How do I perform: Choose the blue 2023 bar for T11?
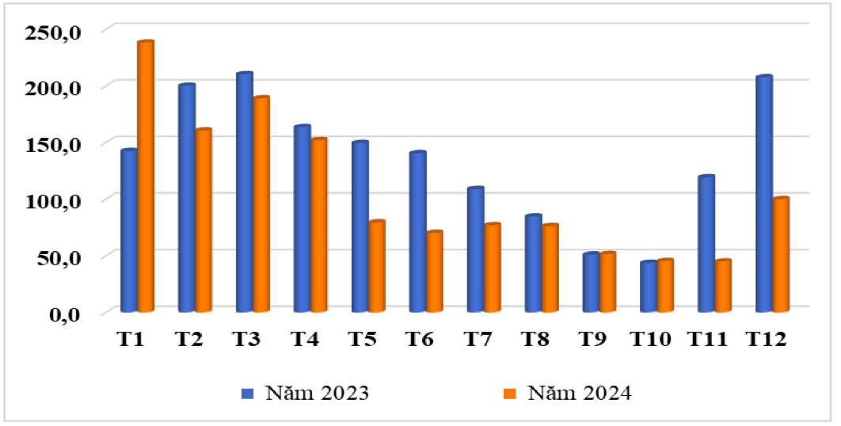point(706,242)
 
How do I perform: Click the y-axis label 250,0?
point(53,31)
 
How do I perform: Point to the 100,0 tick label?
point(53,201)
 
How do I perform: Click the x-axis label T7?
point(478,340)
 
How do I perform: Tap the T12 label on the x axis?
point(767,340)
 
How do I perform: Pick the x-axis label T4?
point(305,340)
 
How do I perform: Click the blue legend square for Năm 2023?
point(246,393)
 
